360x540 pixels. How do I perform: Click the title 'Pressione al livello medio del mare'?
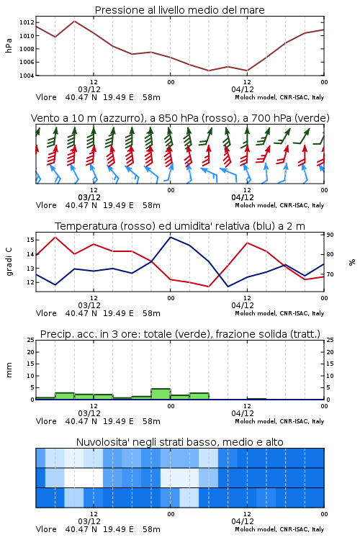(x=179, y=10)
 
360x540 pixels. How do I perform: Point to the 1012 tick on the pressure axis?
(x=27, y=23)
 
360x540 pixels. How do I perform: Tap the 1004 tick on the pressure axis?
(x=27, y=76)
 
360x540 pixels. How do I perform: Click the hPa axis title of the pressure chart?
(x=9, y=45)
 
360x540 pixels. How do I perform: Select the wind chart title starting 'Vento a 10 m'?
(x=180, y=118)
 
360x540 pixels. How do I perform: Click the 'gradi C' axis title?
(x=9, y=261)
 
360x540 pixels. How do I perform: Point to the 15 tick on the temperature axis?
(x=30, y=240)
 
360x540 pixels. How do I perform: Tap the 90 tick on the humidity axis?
(x=330, y=235)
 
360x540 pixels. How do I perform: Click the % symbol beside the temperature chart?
(x=352, y=262)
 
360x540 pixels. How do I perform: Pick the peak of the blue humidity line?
(x=170, y=237)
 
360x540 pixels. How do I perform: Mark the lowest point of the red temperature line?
(x=208, y=287)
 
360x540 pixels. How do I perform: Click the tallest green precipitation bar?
(x=161, y=394)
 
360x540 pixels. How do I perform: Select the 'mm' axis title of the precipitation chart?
(x=9, y=370)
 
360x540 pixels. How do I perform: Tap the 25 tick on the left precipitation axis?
(x=30, y=340)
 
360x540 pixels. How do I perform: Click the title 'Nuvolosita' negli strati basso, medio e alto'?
(x=179, y=442)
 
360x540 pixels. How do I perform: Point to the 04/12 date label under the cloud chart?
(x=243, y=521)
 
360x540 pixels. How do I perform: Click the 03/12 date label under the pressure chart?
(x=89, y=89)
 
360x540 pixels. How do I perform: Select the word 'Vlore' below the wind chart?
(x=46, y=205)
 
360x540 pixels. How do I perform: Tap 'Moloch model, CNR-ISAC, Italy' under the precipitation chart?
(x=279, y=421)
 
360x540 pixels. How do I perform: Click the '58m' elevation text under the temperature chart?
(x=151, y=313)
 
